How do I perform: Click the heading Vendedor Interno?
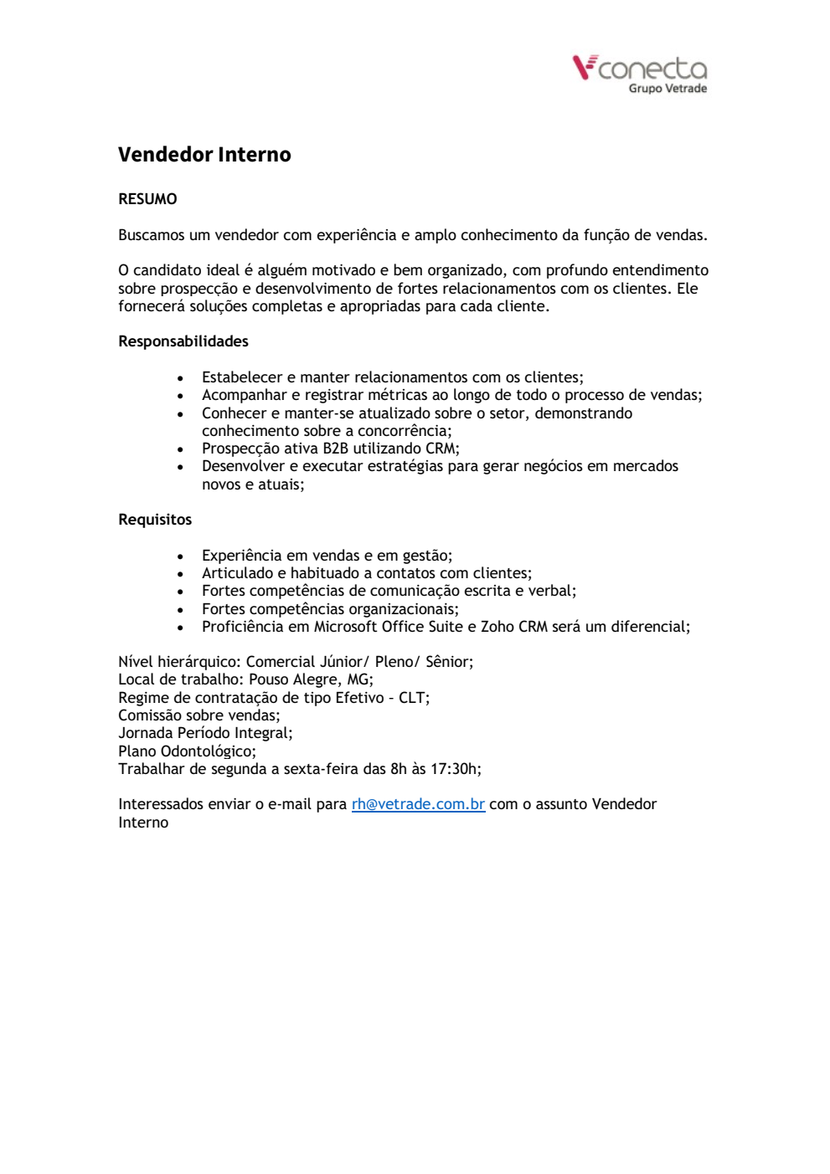coord(204,155)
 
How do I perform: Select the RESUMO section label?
coord(147,199)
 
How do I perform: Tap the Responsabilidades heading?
coord(183,341)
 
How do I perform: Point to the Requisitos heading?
coord(155,520)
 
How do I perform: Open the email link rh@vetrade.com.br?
coord(418,804)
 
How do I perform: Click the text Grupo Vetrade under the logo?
coord(668,89)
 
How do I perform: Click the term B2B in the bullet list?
coord(335,449)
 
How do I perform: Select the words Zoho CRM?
coord(513,627)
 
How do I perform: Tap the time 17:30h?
coord(456,769)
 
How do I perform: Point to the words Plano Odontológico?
coord(185,751)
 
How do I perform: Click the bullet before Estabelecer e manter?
coord(180,378)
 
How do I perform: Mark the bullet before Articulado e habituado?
coord(180,574)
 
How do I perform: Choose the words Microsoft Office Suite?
coord(388,627)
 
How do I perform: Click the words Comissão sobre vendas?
coord(198,715)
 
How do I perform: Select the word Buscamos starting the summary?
coord(152,235)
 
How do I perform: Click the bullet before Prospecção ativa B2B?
coord(180,449)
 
